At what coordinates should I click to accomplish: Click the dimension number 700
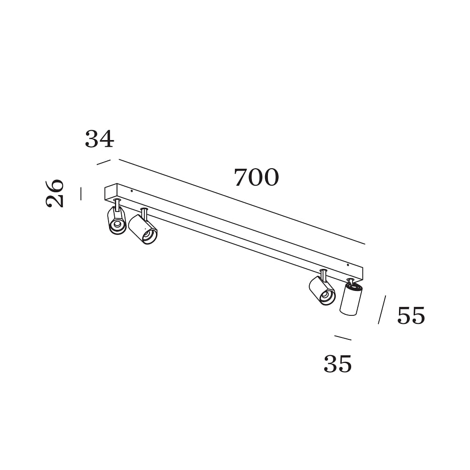tap(256, 178)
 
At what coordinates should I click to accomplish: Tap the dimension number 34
tap(100, 139)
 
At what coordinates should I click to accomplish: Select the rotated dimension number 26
tap(55, 193)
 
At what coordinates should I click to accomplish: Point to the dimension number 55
tap(411, 315)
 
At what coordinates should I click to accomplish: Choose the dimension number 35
tap(337, 364)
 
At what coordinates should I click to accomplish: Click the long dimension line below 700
tap(242, 202)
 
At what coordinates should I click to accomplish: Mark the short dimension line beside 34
tap(104, 162)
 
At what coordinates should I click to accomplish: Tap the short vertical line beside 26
tap(81, 193)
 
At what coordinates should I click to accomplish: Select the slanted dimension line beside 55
tap(382, 310)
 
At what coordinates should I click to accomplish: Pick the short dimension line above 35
tap(343, 338)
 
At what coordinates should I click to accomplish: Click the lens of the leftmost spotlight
tap(117, 224)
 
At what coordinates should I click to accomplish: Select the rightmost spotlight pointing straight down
tap(351, 300)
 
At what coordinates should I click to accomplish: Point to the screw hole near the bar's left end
tap(132, 191)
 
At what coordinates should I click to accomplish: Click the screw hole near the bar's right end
tap(348, 265)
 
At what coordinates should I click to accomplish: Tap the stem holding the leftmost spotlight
tap(117, 205)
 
